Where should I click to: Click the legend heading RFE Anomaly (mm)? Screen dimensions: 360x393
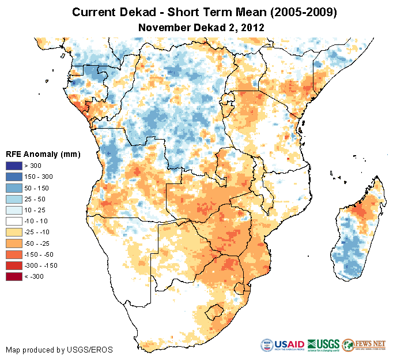(43, 155)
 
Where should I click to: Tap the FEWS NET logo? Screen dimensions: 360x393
(365, 345)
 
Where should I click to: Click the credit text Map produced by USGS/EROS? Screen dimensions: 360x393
(59, 350)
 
